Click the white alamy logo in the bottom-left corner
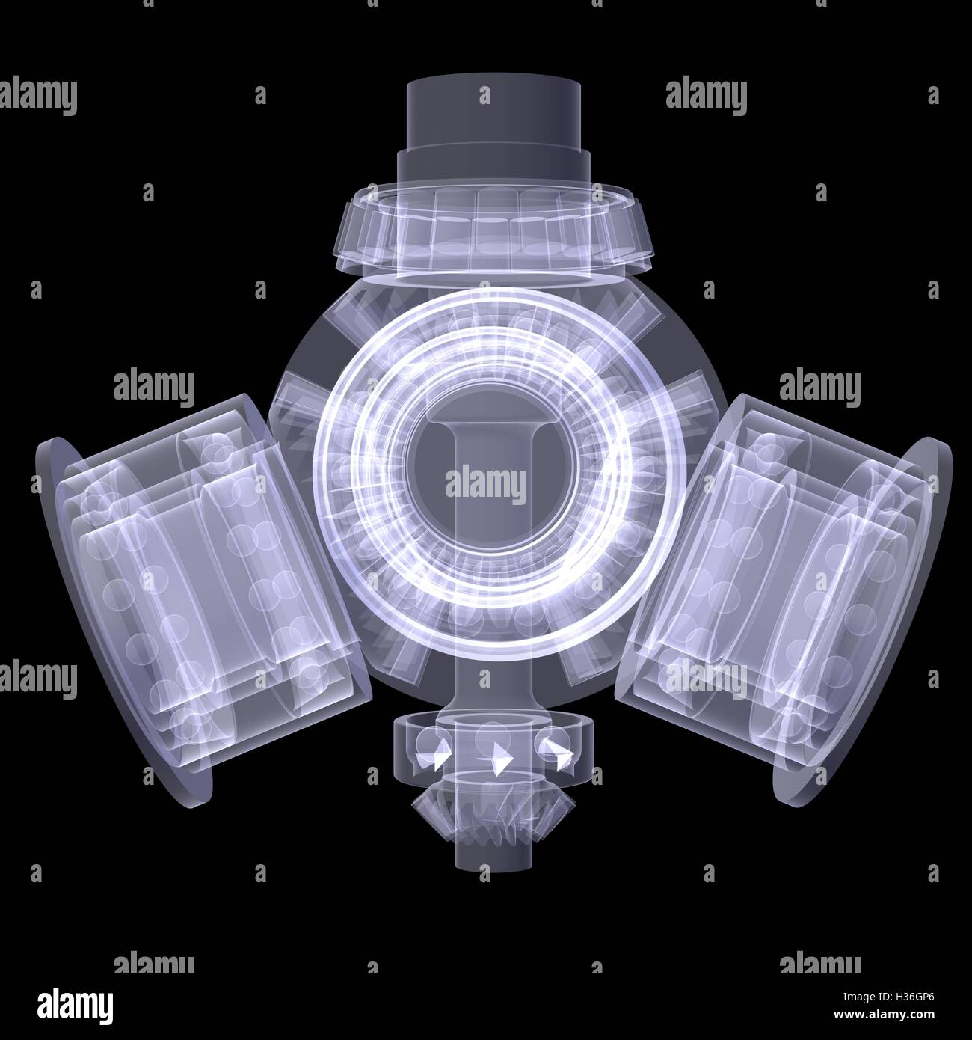(x=67, y=1003)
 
